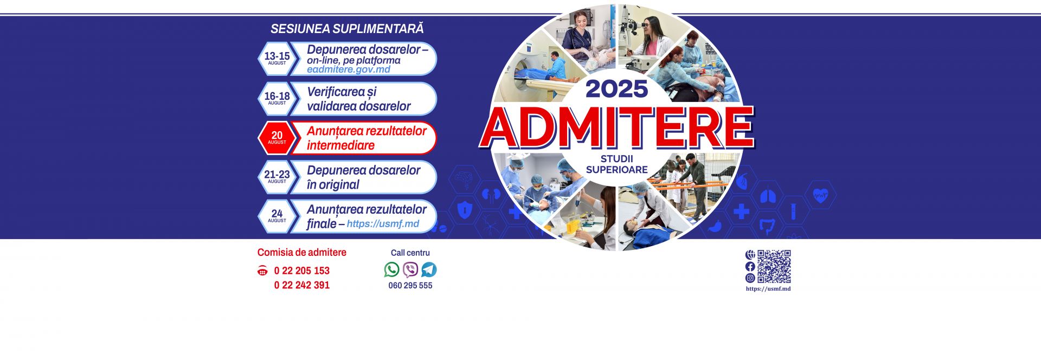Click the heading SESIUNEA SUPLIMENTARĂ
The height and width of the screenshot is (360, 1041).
(347, 29)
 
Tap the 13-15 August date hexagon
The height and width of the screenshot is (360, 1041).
(277, 58)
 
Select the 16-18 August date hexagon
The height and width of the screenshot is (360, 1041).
(277, 98)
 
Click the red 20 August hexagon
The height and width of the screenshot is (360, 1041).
(277, 138)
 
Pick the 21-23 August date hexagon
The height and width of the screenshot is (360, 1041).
(277, 177)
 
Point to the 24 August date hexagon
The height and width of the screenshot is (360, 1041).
(277, 216)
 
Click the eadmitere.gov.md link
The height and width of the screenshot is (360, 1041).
(348, 70)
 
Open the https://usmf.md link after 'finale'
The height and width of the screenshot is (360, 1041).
(383, 224)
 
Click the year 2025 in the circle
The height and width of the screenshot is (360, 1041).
(616, 89)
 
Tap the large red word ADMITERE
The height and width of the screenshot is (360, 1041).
(616, 128)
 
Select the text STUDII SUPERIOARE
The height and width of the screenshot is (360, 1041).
(616, 164)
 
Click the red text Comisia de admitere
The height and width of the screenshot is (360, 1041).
(301, 253)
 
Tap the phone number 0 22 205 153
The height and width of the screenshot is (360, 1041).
(301, 271)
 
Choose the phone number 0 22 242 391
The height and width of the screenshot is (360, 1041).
(301, 285)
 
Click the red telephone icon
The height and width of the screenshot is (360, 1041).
(262, 271)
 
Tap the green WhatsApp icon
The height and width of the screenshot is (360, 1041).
(391, 269)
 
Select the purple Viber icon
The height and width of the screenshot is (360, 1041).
(410, 269)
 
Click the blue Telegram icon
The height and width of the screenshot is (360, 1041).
(429, 269)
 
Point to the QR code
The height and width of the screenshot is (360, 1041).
(774, 266)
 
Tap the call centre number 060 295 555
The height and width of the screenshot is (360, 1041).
(410, 286)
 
